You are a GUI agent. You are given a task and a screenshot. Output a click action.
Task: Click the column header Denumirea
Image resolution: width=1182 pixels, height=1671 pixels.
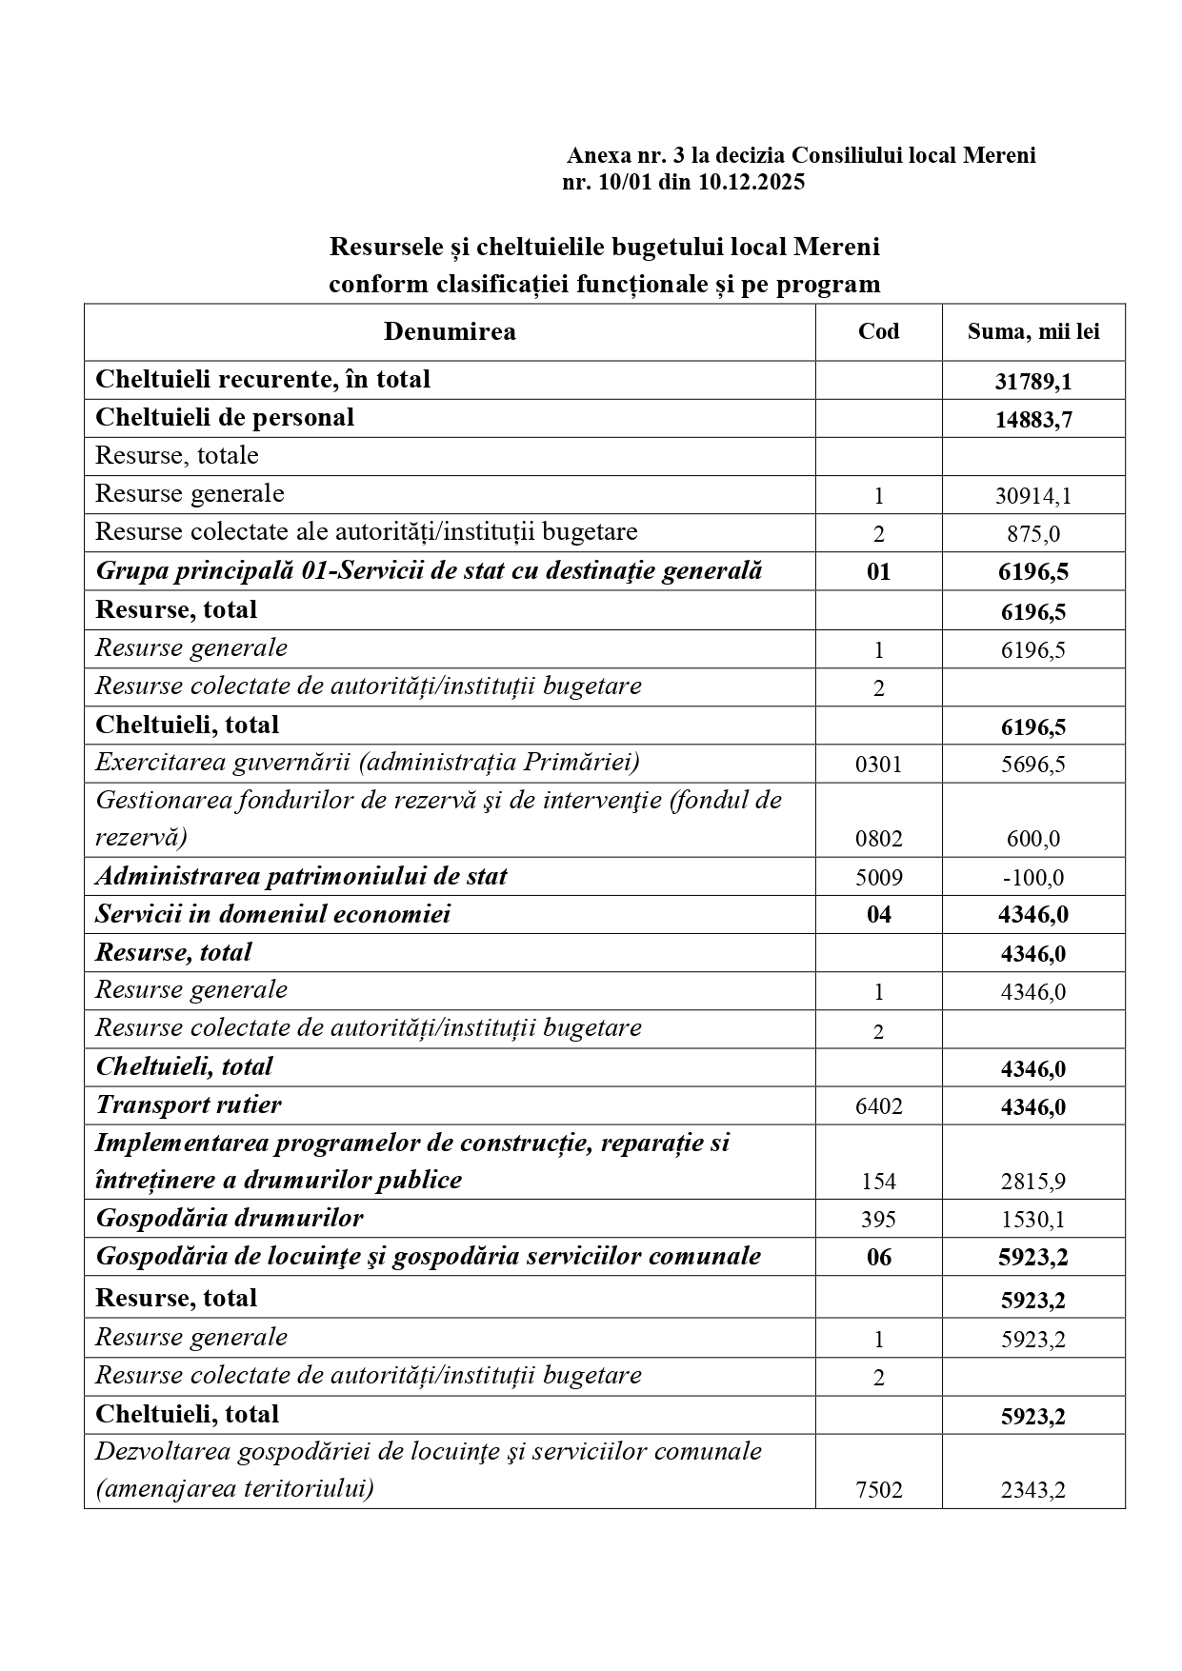point(450,331)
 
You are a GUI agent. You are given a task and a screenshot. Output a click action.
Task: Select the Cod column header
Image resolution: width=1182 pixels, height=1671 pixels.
point(878,331)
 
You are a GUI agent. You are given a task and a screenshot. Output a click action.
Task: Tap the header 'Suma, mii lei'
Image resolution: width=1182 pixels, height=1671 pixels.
point(1033,331)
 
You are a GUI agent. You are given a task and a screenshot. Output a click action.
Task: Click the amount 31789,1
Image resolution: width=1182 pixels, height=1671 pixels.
point(1033,382)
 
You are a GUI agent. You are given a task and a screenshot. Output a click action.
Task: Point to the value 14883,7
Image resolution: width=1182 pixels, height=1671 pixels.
point(1033,420)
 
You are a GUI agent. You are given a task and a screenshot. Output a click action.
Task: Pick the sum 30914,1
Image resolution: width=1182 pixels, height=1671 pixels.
point(1033,496)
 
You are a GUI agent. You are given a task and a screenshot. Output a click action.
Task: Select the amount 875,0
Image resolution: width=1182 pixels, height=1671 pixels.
point(1033,534)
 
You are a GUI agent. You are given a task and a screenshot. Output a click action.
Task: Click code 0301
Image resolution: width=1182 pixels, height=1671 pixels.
point(878,765)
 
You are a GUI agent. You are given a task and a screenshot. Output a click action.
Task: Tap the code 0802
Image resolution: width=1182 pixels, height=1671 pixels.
point(878,839)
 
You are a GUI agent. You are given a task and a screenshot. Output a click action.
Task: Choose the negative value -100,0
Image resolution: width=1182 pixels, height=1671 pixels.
point(1033,878)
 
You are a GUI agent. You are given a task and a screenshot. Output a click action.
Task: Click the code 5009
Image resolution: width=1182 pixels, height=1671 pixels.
point(878,878)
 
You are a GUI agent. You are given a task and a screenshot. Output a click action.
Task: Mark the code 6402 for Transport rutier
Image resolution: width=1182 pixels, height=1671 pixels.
point(878,1106)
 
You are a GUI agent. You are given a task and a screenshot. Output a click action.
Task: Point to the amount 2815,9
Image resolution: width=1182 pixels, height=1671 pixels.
point(1033,1182)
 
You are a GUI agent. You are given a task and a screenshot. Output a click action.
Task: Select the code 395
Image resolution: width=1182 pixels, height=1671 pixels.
point(878,1220)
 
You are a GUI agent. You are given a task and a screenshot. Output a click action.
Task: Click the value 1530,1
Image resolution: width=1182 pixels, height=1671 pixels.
point(1033,1220)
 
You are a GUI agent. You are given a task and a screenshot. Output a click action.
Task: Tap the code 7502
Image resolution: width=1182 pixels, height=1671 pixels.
point(878,1490)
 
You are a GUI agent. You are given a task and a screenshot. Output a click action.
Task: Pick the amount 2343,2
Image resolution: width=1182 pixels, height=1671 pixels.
point(1033,1490)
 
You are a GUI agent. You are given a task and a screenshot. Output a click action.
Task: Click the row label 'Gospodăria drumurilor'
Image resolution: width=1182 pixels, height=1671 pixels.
point(230,1218)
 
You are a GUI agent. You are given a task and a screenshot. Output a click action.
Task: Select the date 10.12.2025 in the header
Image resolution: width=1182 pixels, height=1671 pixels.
point(751,182)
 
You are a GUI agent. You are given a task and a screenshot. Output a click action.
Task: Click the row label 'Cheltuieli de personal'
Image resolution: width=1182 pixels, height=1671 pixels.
point(225,417)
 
